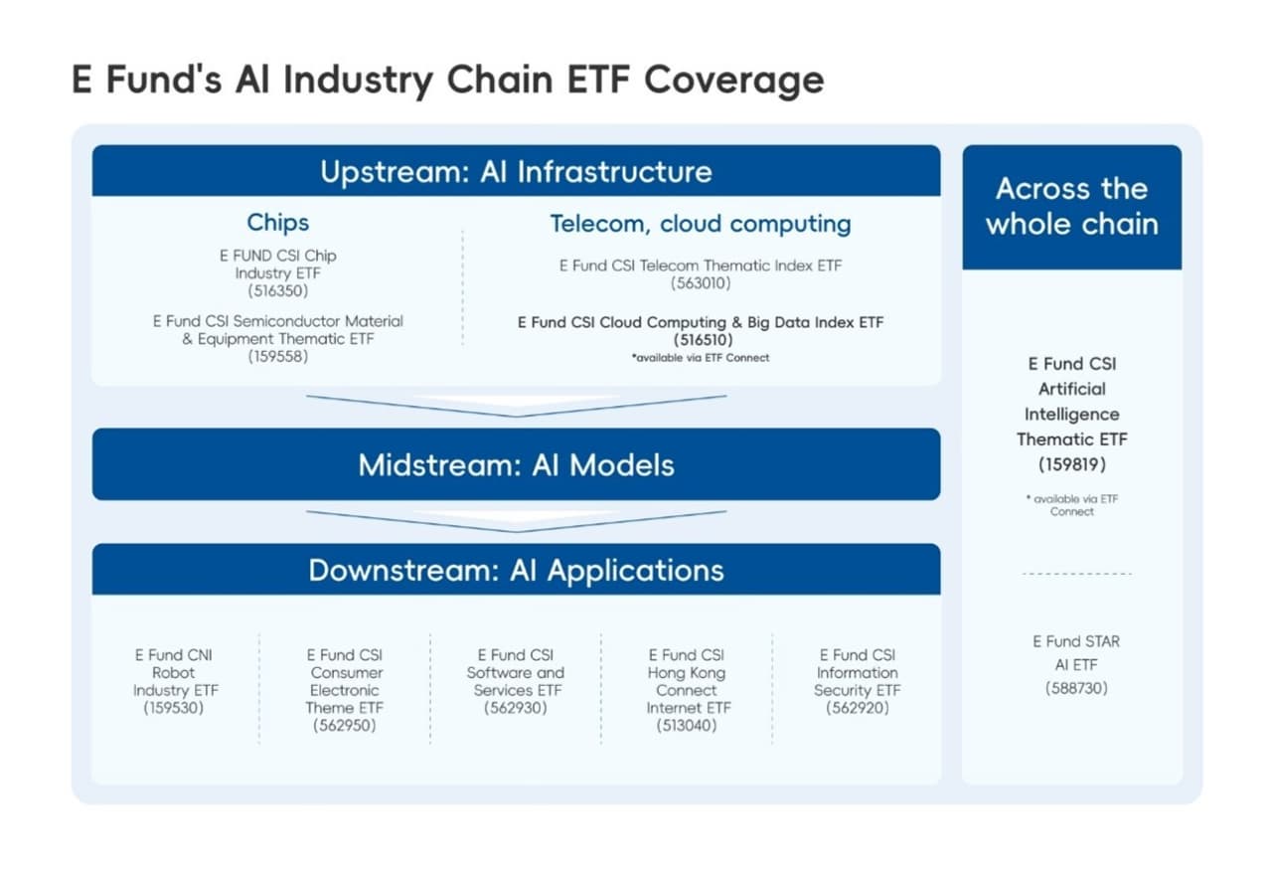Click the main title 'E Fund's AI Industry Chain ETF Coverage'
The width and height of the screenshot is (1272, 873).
(x=447, y=80)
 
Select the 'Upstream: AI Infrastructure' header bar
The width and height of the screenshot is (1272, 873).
(x=516, y=171)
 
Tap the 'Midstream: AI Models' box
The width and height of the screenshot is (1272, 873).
(x=516, y=464)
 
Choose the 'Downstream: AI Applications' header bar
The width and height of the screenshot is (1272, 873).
(x=516, y=570)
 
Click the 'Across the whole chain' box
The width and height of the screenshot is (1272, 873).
(x=1071, y=207)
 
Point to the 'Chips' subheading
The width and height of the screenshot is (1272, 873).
(x=278, y=222)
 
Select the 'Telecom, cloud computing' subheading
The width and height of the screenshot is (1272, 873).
(x=701, y=224)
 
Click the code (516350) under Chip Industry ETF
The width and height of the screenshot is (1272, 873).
(x=278, y=291)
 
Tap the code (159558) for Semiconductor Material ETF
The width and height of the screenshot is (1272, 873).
(x=278, y=357)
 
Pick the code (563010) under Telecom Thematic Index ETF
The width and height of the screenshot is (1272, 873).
(x=701, y=283)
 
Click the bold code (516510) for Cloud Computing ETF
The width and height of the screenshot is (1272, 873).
(x=701, y=340)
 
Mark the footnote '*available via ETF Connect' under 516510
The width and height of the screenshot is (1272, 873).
(x=701, y=357)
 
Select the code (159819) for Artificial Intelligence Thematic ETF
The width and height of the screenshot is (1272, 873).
(x=1071, y=464)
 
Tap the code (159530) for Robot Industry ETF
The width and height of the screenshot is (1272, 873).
(x=174, y=708)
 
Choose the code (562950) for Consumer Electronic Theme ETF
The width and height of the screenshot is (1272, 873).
(x=345, y=726)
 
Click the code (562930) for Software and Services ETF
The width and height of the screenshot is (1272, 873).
(x=516, y=708)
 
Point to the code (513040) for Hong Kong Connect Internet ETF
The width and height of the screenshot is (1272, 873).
(x=687, y=726)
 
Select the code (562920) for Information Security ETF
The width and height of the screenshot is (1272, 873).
(x=857, y=708)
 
